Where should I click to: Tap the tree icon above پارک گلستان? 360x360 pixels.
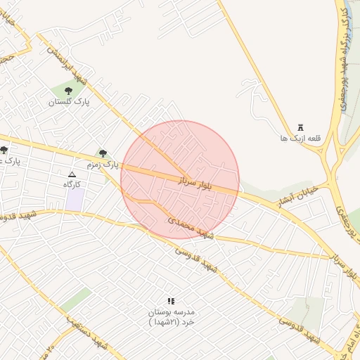tap(68, 91)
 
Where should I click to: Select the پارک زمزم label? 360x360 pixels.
tap(100, 165)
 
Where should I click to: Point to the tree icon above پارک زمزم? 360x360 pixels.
tap(103, 153)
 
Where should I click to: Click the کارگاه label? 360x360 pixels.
tap(73, 184)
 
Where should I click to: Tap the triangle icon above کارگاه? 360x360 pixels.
tap(72, 174)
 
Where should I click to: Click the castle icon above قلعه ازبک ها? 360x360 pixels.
tap(301, 127)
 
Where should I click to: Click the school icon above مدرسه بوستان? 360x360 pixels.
tap(170, 301)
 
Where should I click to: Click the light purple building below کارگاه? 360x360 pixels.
tap(75, 199)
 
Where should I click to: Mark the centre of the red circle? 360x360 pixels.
tap(180, 180)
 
